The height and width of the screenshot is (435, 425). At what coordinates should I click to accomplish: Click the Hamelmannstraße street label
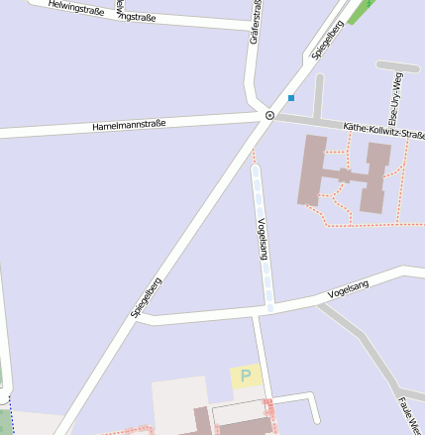(129, 125)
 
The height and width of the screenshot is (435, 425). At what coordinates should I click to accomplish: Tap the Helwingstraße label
(76, 10)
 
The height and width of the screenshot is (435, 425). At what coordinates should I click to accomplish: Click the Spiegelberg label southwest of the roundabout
(146, 297)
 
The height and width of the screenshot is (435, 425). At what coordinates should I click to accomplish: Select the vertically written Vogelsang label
(263, 238)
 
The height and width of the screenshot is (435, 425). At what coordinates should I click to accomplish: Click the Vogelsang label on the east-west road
(348, 289)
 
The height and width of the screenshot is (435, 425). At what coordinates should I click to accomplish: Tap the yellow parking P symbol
(246, 377)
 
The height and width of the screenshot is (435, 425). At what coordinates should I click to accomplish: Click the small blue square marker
(291, 97)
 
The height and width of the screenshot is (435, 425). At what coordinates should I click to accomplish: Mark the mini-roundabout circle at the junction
(268, 116)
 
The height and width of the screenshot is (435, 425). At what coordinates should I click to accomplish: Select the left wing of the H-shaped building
(312, 169)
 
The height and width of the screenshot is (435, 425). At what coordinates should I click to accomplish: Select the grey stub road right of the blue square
(319, 96)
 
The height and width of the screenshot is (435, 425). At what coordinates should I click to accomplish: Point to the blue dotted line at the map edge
(10, 415)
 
